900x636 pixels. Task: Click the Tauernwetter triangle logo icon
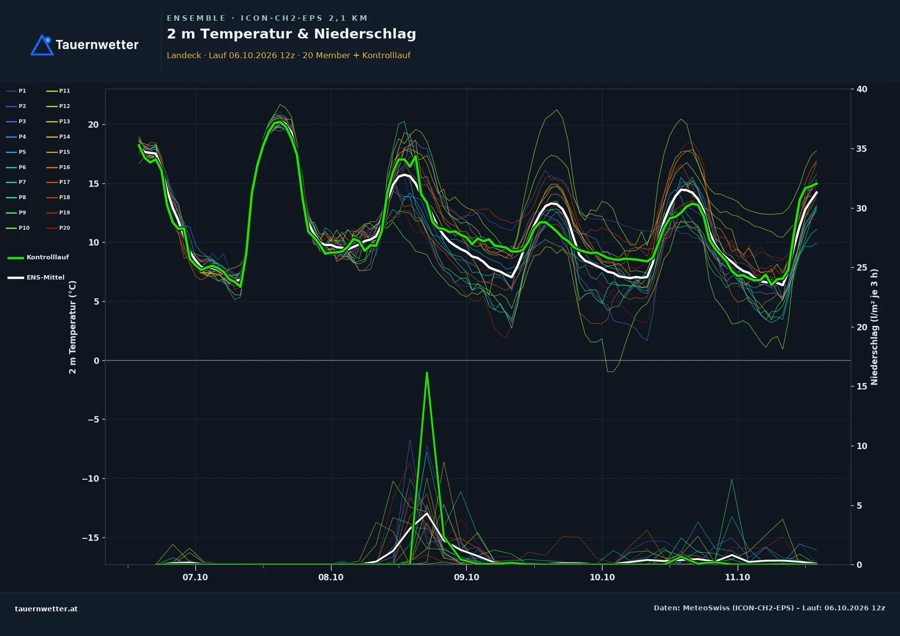(42, 45)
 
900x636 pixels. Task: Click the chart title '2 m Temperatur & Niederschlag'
(291, 34)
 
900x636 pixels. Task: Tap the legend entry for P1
(16, 91)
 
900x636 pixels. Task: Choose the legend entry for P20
(58, 228)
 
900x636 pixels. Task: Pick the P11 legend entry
(58, 91)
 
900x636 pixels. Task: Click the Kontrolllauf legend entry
(38, 257)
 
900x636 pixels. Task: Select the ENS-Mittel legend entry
(36, 278)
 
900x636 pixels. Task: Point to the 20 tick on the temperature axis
(93, 125)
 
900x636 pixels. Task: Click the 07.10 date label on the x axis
(195, 577)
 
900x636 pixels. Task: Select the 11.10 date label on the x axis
(737, 577)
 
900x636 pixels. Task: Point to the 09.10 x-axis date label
(466, 577)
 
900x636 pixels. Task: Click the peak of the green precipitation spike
(427, 373)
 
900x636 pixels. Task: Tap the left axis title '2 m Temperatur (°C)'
(73, 327)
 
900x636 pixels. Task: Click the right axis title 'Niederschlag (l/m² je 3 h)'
(874, 327)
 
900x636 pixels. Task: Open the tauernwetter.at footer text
(46, 609)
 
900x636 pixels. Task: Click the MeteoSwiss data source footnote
(769, 608)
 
